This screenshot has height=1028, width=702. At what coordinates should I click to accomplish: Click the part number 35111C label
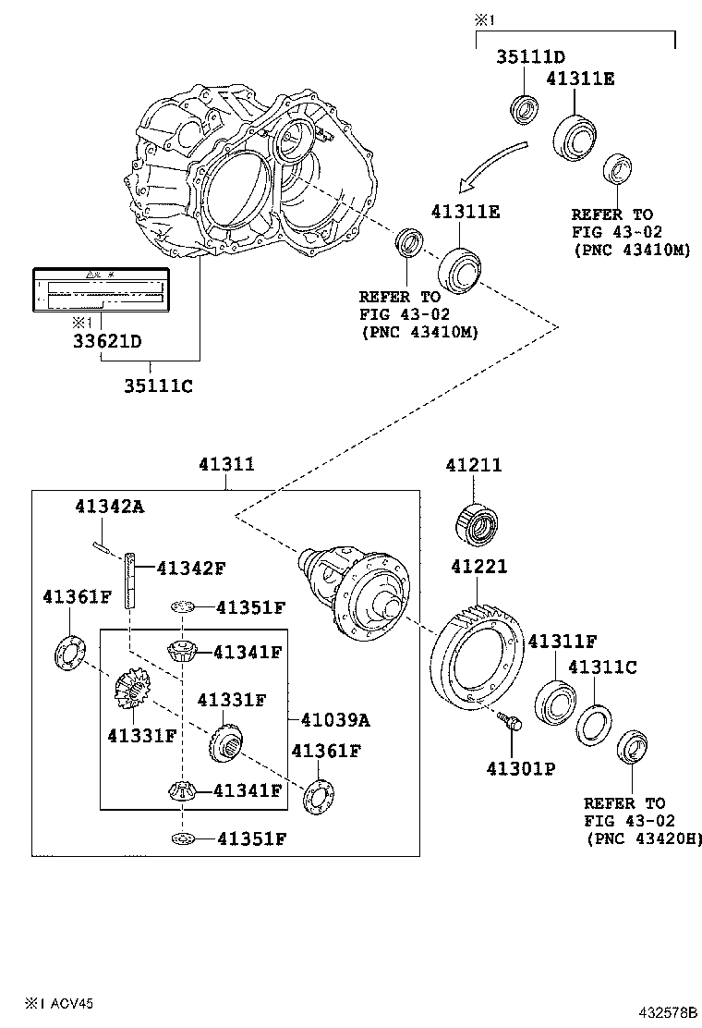click(158, 386)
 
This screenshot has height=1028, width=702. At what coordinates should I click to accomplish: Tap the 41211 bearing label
click(474, 466)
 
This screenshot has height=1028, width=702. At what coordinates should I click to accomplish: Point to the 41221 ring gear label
click(479, 567)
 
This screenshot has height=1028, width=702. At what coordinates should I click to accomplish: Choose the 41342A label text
click(110, 506)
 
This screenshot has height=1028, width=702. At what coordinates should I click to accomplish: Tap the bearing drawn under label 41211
click(477, 520)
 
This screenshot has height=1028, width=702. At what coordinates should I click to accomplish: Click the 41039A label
click(327, 719)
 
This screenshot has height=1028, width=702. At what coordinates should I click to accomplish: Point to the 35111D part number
click(530, 56)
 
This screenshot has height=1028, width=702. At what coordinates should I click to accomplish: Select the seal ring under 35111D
click(526, 108)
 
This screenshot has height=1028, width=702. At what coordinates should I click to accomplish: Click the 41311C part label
click(601, 667)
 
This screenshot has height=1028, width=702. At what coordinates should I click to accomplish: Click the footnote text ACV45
click(69, 1002)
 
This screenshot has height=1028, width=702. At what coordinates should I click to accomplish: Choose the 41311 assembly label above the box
click(226, 466)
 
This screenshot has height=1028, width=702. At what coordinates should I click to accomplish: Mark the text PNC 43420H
click(644, 838)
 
